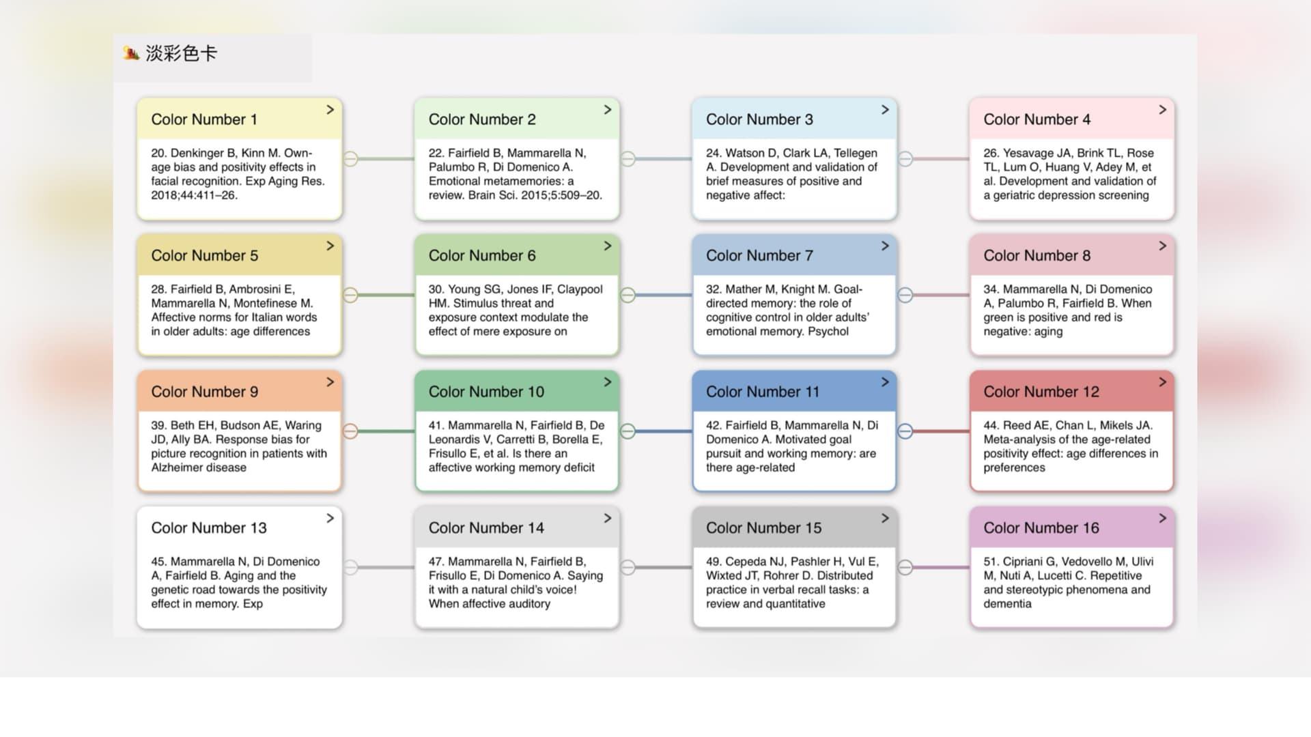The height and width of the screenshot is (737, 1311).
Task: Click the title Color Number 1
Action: tap(204, 119)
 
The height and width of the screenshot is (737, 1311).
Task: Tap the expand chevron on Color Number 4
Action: tap(1162, 110)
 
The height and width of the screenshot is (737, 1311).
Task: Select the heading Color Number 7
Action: tap(759, 256)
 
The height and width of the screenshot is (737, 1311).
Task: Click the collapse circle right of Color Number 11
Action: tap(905, 431)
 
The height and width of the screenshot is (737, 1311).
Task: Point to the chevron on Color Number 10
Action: tap(607, 382)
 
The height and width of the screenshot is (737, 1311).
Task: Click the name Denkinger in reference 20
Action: tap(196, 153)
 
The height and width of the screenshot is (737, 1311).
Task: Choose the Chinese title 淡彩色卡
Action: tap(181, 53)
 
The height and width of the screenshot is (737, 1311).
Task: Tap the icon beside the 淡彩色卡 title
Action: tap(131, 53)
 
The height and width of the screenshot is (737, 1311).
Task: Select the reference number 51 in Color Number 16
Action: tap(991, 562)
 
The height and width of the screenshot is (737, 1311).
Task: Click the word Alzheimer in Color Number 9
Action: tap(176, 467)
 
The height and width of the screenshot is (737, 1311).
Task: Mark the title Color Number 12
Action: tap(1041, 392)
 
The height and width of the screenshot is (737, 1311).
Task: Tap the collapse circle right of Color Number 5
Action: tap(350, 295)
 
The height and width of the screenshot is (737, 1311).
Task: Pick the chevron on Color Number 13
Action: tap(330, 519)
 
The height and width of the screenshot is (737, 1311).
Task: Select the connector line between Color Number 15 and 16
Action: tap(941, 567)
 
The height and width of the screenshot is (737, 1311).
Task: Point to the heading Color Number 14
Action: tap(486, 528)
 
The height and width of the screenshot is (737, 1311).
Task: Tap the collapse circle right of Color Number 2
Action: tap(628, 159)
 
